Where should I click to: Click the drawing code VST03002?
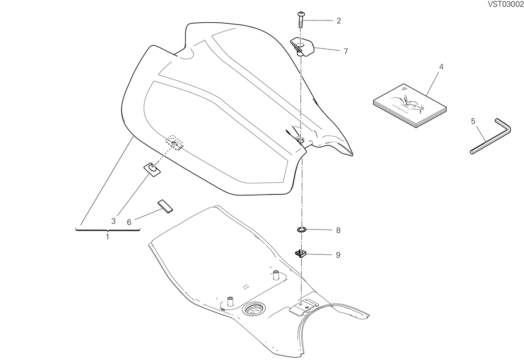point(505,4)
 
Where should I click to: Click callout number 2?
point(339,21)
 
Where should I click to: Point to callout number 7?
point(346,51)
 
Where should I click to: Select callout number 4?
point(441,67)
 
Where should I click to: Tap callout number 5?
point(473,121)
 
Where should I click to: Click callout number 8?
point(338,230)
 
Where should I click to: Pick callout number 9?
point(338,255)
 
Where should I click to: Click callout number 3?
point(114,221)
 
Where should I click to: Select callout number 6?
point(129,222)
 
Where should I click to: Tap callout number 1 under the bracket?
point(107,237)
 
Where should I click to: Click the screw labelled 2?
point(300,20)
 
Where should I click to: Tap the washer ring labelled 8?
point(302,230)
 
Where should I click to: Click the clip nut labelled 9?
point(300,253)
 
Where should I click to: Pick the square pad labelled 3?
point(152,170)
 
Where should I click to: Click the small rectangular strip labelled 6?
point(165,206)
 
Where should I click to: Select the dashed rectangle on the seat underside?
point(175,143)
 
